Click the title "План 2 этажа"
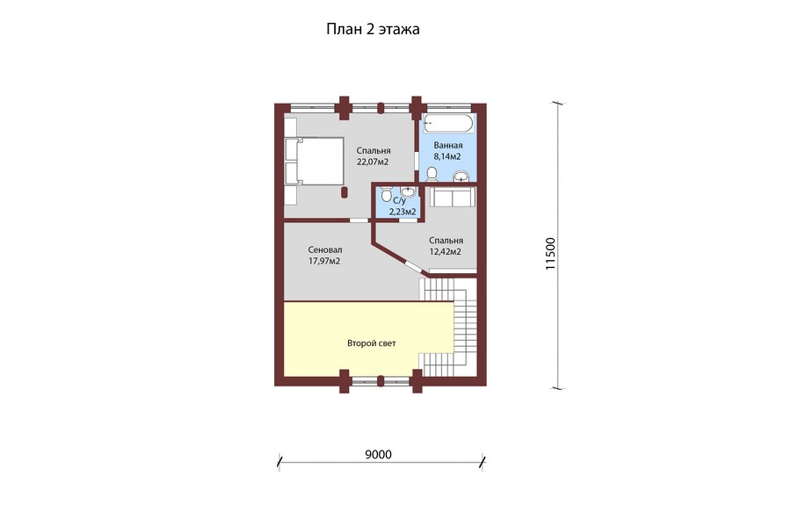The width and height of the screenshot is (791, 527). pos(373,30)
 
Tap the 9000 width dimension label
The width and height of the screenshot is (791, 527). pos(378,455)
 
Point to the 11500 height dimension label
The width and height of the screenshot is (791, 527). pos(550,254)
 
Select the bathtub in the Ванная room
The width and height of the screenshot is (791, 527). pos(448,124)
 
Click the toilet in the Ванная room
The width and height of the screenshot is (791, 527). pos(432,175)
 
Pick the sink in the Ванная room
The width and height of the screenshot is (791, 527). pos(461,177)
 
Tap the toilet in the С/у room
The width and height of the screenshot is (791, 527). pos(386,194)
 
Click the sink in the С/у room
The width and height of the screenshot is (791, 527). pos(408,191)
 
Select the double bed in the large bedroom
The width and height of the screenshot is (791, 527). pos(315,161)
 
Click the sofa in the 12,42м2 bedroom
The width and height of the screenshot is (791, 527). pos(453,197)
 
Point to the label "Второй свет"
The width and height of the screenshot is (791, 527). pos(371,343)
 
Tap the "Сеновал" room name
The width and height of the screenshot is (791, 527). pos(325,250)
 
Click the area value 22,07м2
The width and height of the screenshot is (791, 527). pos(373,162)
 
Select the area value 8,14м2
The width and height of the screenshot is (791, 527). pos(447,157)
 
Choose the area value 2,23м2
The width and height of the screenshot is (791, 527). pos(403,212)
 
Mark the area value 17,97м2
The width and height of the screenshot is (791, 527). pos(324,261)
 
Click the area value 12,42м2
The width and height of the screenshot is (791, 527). pos(445,252)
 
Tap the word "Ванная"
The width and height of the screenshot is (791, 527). pos(448,146)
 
